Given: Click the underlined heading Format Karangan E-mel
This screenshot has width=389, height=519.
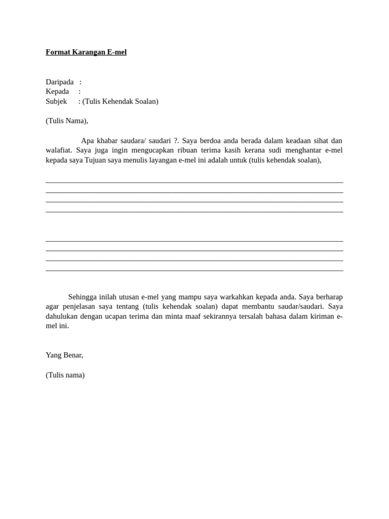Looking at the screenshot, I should pos(86,52).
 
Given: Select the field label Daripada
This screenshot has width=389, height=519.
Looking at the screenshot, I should pos(59,82).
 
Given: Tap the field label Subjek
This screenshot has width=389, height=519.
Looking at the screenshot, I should pos(56,101).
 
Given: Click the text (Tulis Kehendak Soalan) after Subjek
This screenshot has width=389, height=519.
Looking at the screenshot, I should pos(121,101).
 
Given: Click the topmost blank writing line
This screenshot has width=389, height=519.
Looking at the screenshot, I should pos(194,182).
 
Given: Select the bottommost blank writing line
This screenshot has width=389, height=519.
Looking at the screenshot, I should pos(194,271).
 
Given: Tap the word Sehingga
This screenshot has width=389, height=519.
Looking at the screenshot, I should pos(83,297).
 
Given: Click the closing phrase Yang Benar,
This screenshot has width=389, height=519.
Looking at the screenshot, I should pos(64,355).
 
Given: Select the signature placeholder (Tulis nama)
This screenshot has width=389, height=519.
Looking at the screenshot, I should pos(65,375).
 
